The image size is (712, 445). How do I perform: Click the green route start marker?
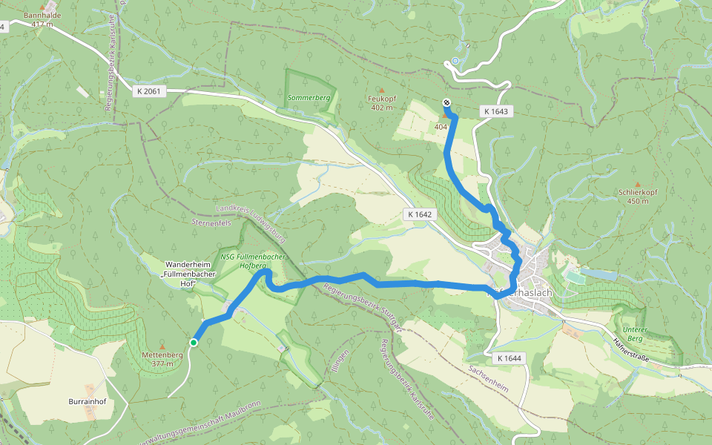[x=194, y=342]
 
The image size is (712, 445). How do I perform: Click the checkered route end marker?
[x=446, y=103]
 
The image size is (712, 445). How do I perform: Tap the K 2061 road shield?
[x=149, y=90]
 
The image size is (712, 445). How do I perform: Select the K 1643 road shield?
[x=496, y=111]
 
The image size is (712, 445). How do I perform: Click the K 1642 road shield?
[x=419, y=214]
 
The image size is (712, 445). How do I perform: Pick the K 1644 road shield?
[x=509, y=358]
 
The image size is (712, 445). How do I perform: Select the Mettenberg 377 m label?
[x=162, y=360]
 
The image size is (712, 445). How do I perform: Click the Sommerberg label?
[x=309, y=98]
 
